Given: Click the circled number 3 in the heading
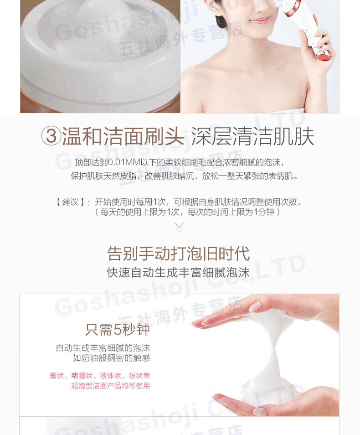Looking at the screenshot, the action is pyautogui.click(x=51, y=136).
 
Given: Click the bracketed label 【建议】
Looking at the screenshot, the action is pyautogui.click(x=70, y=202).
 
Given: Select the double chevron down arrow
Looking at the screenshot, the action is pyautogui.click(x=180, y=227).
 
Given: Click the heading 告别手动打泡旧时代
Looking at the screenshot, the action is pyautogui.click(x=179, y=253).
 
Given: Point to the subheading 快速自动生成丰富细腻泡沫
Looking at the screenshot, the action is pyautogui.click(x=178, y=272).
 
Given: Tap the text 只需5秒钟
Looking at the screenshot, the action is pyautogui.click(x=117, y=329).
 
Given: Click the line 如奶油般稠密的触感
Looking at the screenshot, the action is pyautogui.click(x=111, y=358).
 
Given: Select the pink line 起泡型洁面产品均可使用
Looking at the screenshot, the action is pyautogui.click(x=110, y=386).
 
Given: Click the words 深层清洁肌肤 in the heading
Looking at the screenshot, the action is pyautogui.click(x=252, y=136).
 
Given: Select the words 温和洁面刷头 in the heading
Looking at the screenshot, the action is pyautogui.click(x=123, y=136).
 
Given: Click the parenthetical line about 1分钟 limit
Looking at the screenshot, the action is pyautogui.click(x=187, y=212).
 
